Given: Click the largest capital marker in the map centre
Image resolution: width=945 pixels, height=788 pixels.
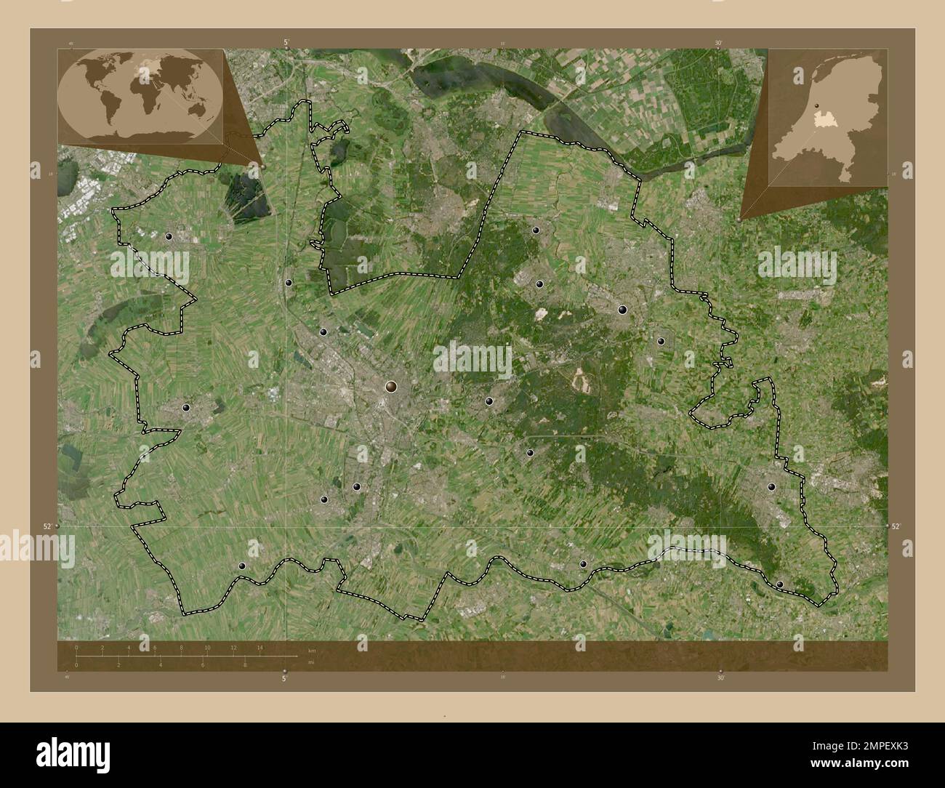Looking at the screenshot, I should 391,387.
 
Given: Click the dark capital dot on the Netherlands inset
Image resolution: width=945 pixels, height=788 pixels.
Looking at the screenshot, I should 816,107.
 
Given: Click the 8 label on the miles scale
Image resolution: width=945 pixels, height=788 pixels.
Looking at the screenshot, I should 245,665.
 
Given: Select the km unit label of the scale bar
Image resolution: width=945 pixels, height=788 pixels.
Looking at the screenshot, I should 311,650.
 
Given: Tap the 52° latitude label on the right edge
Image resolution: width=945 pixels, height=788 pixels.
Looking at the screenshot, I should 895,526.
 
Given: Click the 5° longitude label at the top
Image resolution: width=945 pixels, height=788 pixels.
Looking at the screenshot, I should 286,44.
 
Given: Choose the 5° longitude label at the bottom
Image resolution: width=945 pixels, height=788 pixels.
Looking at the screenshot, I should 285,678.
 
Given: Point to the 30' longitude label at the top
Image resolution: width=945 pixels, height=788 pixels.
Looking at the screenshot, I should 717,44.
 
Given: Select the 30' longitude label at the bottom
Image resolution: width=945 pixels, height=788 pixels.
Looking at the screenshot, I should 720,678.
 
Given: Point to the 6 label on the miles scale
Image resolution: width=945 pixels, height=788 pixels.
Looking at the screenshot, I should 203,665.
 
